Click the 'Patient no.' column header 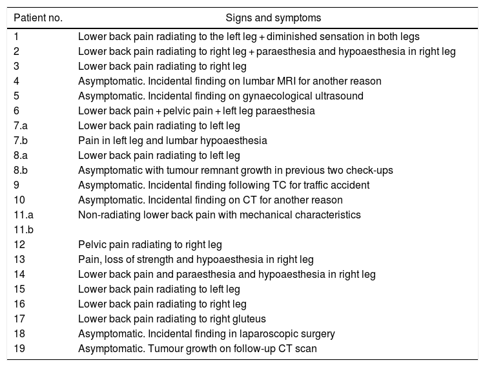click(x=38, y=17)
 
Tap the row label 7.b click(x=21, y=140)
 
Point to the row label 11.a click(x=24, y=215)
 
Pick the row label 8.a click(x=21, y=155)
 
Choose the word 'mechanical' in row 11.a click(x=258, y=215)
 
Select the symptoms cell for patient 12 click(x=150, y=244)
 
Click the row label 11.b click(x=24, y=229)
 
